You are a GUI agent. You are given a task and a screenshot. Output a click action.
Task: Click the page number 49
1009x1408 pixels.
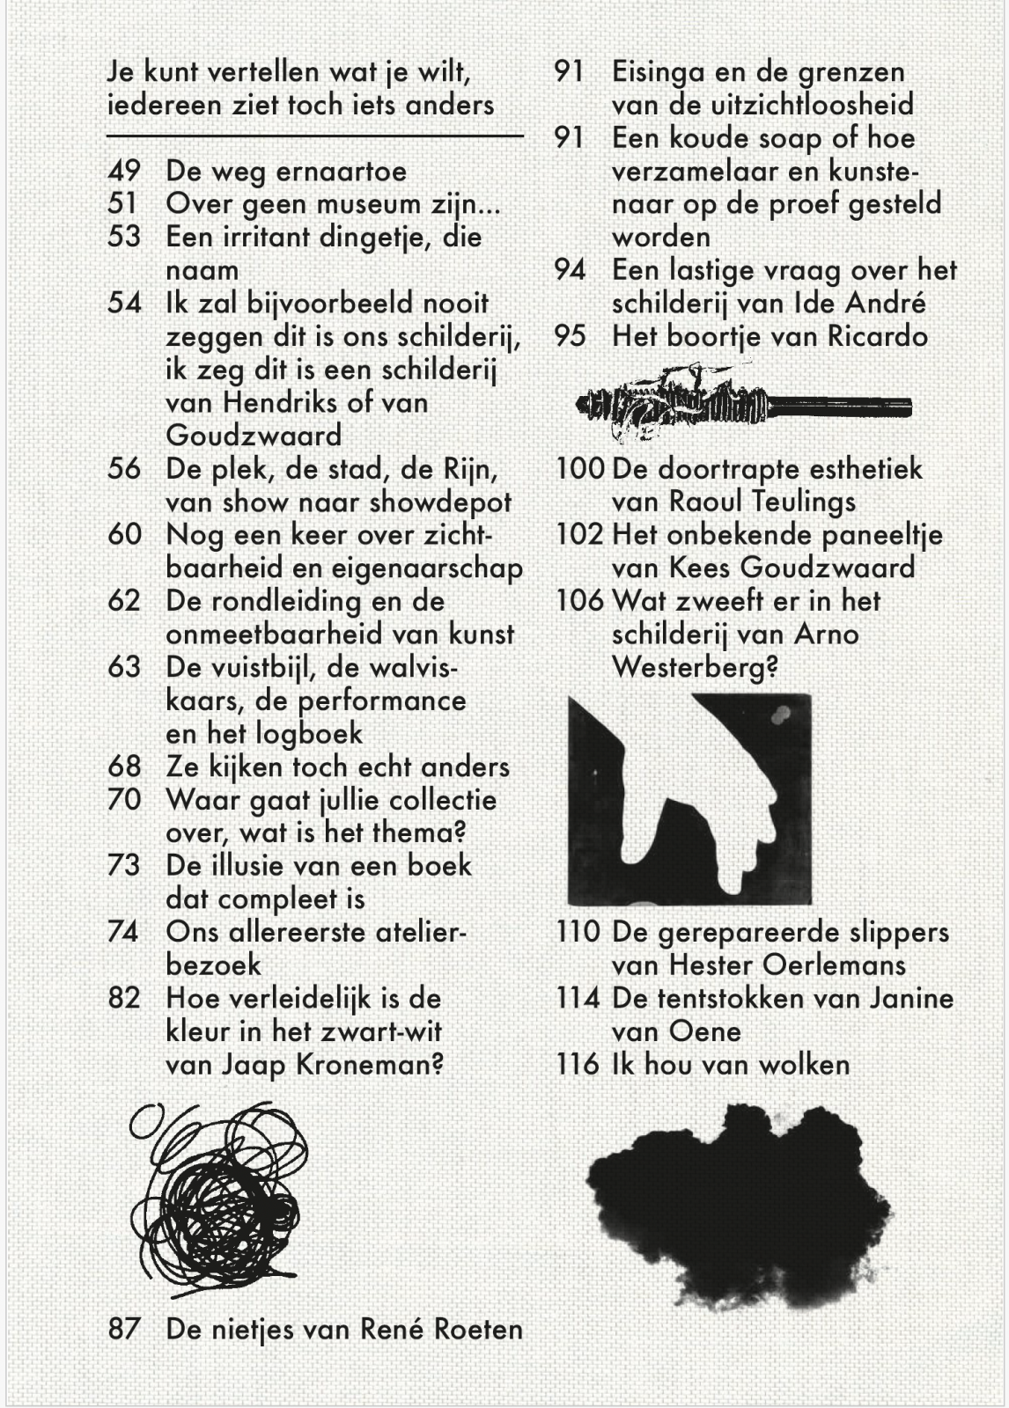pos(123,171)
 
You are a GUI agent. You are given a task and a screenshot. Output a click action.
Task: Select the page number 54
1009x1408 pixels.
pos(124,304)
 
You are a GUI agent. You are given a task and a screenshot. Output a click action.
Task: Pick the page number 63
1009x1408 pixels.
pos(124,667)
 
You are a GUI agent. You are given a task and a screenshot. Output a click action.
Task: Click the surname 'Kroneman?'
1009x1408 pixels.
pos(369,1065)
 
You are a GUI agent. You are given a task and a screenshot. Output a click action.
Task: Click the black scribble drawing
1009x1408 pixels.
pos(217,1197)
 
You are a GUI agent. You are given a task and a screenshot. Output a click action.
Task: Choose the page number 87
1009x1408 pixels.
pos(124,1329)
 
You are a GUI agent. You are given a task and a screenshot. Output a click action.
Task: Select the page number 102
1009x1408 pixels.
pos(579,535)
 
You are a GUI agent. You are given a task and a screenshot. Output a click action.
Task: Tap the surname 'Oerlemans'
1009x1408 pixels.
pos(834,965)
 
